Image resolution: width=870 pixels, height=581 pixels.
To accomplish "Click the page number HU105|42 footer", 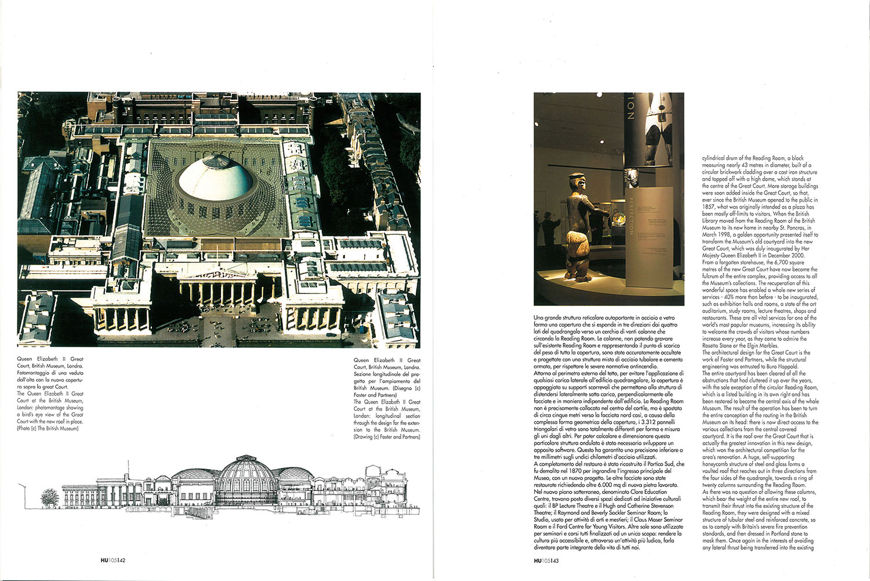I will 113,561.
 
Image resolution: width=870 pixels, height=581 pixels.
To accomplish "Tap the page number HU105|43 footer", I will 546,561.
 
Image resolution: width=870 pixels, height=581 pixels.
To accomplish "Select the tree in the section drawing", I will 50,498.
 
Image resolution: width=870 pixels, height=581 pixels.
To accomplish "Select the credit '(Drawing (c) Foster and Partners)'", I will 387,437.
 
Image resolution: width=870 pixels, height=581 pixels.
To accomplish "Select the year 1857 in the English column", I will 709,206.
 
